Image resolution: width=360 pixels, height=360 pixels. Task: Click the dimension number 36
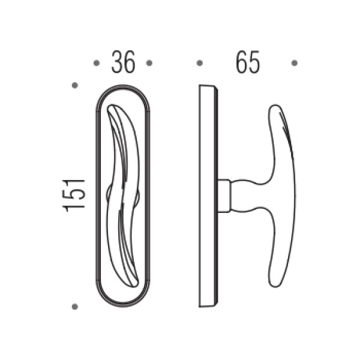pos(123,62)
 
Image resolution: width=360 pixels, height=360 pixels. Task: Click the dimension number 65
pos(248,62)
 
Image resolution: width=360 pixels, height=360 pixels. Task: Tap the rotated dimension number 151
pos(74,196)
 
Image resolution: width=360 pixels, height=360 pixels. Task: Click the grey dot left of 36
pos(97,63)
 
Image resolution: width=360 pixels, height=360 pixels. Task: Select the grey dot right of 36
pos(149,63)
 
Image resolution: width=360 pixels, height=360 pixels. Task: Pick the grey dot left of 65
pos(200,63)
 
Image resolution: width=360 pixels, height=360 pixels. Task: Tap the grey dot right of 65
pos(295,63)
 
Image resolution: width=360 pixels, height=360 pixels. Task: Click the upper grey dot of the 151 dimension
pos(75,85)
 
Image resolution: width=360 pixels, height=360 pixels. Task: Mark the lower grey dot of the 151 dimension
pos(75,307)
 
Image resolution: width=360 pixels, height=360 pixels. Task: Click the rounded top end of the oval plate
pos(123,85)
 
